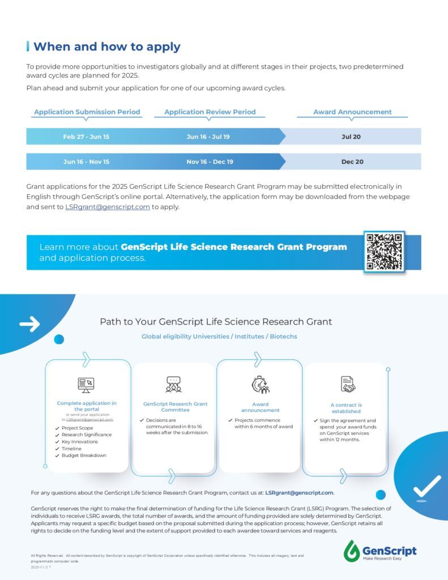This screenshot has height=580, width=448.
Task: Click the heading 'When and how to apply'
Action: tap(107, 46)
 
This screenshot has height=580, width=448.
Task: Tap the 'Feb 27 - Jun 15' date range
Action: tap(86, 137)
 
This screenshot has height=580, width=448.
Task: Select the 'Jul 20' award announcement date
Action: tap(351, 137)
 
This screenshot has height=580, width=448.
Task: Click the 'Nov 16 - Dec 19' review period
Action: tap(210, 161)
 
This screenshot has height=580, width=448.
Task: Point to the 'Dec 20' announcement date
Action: tap(352, 161)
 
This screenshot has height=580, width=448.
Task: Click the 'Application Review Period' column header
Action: tap(210, 112)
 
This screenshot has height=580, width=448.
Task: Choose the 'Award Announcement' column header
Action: tap(352, 112)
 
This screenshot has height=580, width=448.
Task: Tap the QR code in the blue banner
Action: tap(384, 251)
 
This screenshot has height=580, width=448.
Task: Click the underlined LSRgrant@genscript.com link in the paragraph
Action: tap(108, 207)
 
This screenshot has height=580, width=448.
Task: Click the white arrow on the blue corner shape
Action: tap(29, 324)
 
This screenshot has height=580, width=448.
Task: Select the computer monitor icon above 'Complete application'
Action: tap(86, 385)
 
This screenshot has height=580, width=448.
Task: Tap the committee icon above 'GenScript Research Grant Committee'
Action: tap(174, 385)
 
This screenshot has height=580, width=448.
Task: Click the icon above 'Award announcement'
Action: tap(261, 385)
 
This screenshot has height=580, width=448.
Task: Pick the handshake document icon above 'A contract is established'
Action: tap(347, 385)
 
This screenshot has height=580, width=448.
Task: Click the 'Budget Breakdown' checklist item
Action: tap(84, 455)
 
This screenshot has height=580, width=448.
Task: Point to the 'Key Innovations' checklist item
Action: tap(80, 442)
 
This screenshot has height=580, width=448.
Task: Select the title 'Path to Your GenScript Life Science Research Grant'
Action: tap(216, 322)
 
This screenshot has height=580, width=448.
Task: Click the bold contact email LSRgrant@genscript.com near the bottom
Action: tap(299, 493)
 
